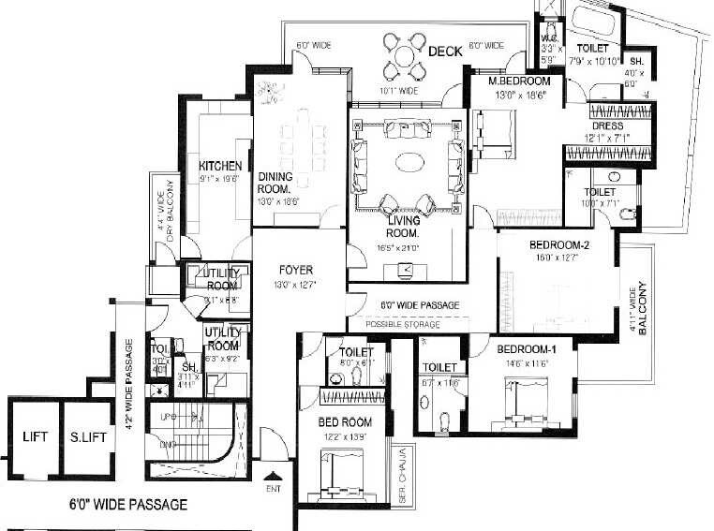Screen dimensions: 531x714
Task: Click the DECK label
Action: click(x=445, y=52)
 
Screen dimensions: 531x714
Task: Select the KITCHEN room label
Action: click(x=220, y=167)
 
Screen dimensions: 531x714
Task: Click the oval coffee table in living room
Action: click(x=409, y=163)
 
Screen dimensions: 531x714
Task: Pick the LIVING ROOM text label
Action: click(x=402, y=226)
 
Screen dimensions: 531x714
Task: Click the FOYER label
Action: click(x=296, y=271)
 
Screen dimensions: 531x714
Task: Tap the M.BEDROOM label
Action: click(x=520, y=81)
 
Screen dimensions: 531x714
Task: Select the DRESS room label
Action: click(x=608, y=126)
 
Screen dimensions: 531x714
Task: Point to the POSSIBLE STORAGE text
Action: click(x=402, y=323)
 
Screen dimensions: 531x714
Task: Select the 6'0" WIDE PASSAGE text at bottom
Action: click(x=129, y=505)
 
